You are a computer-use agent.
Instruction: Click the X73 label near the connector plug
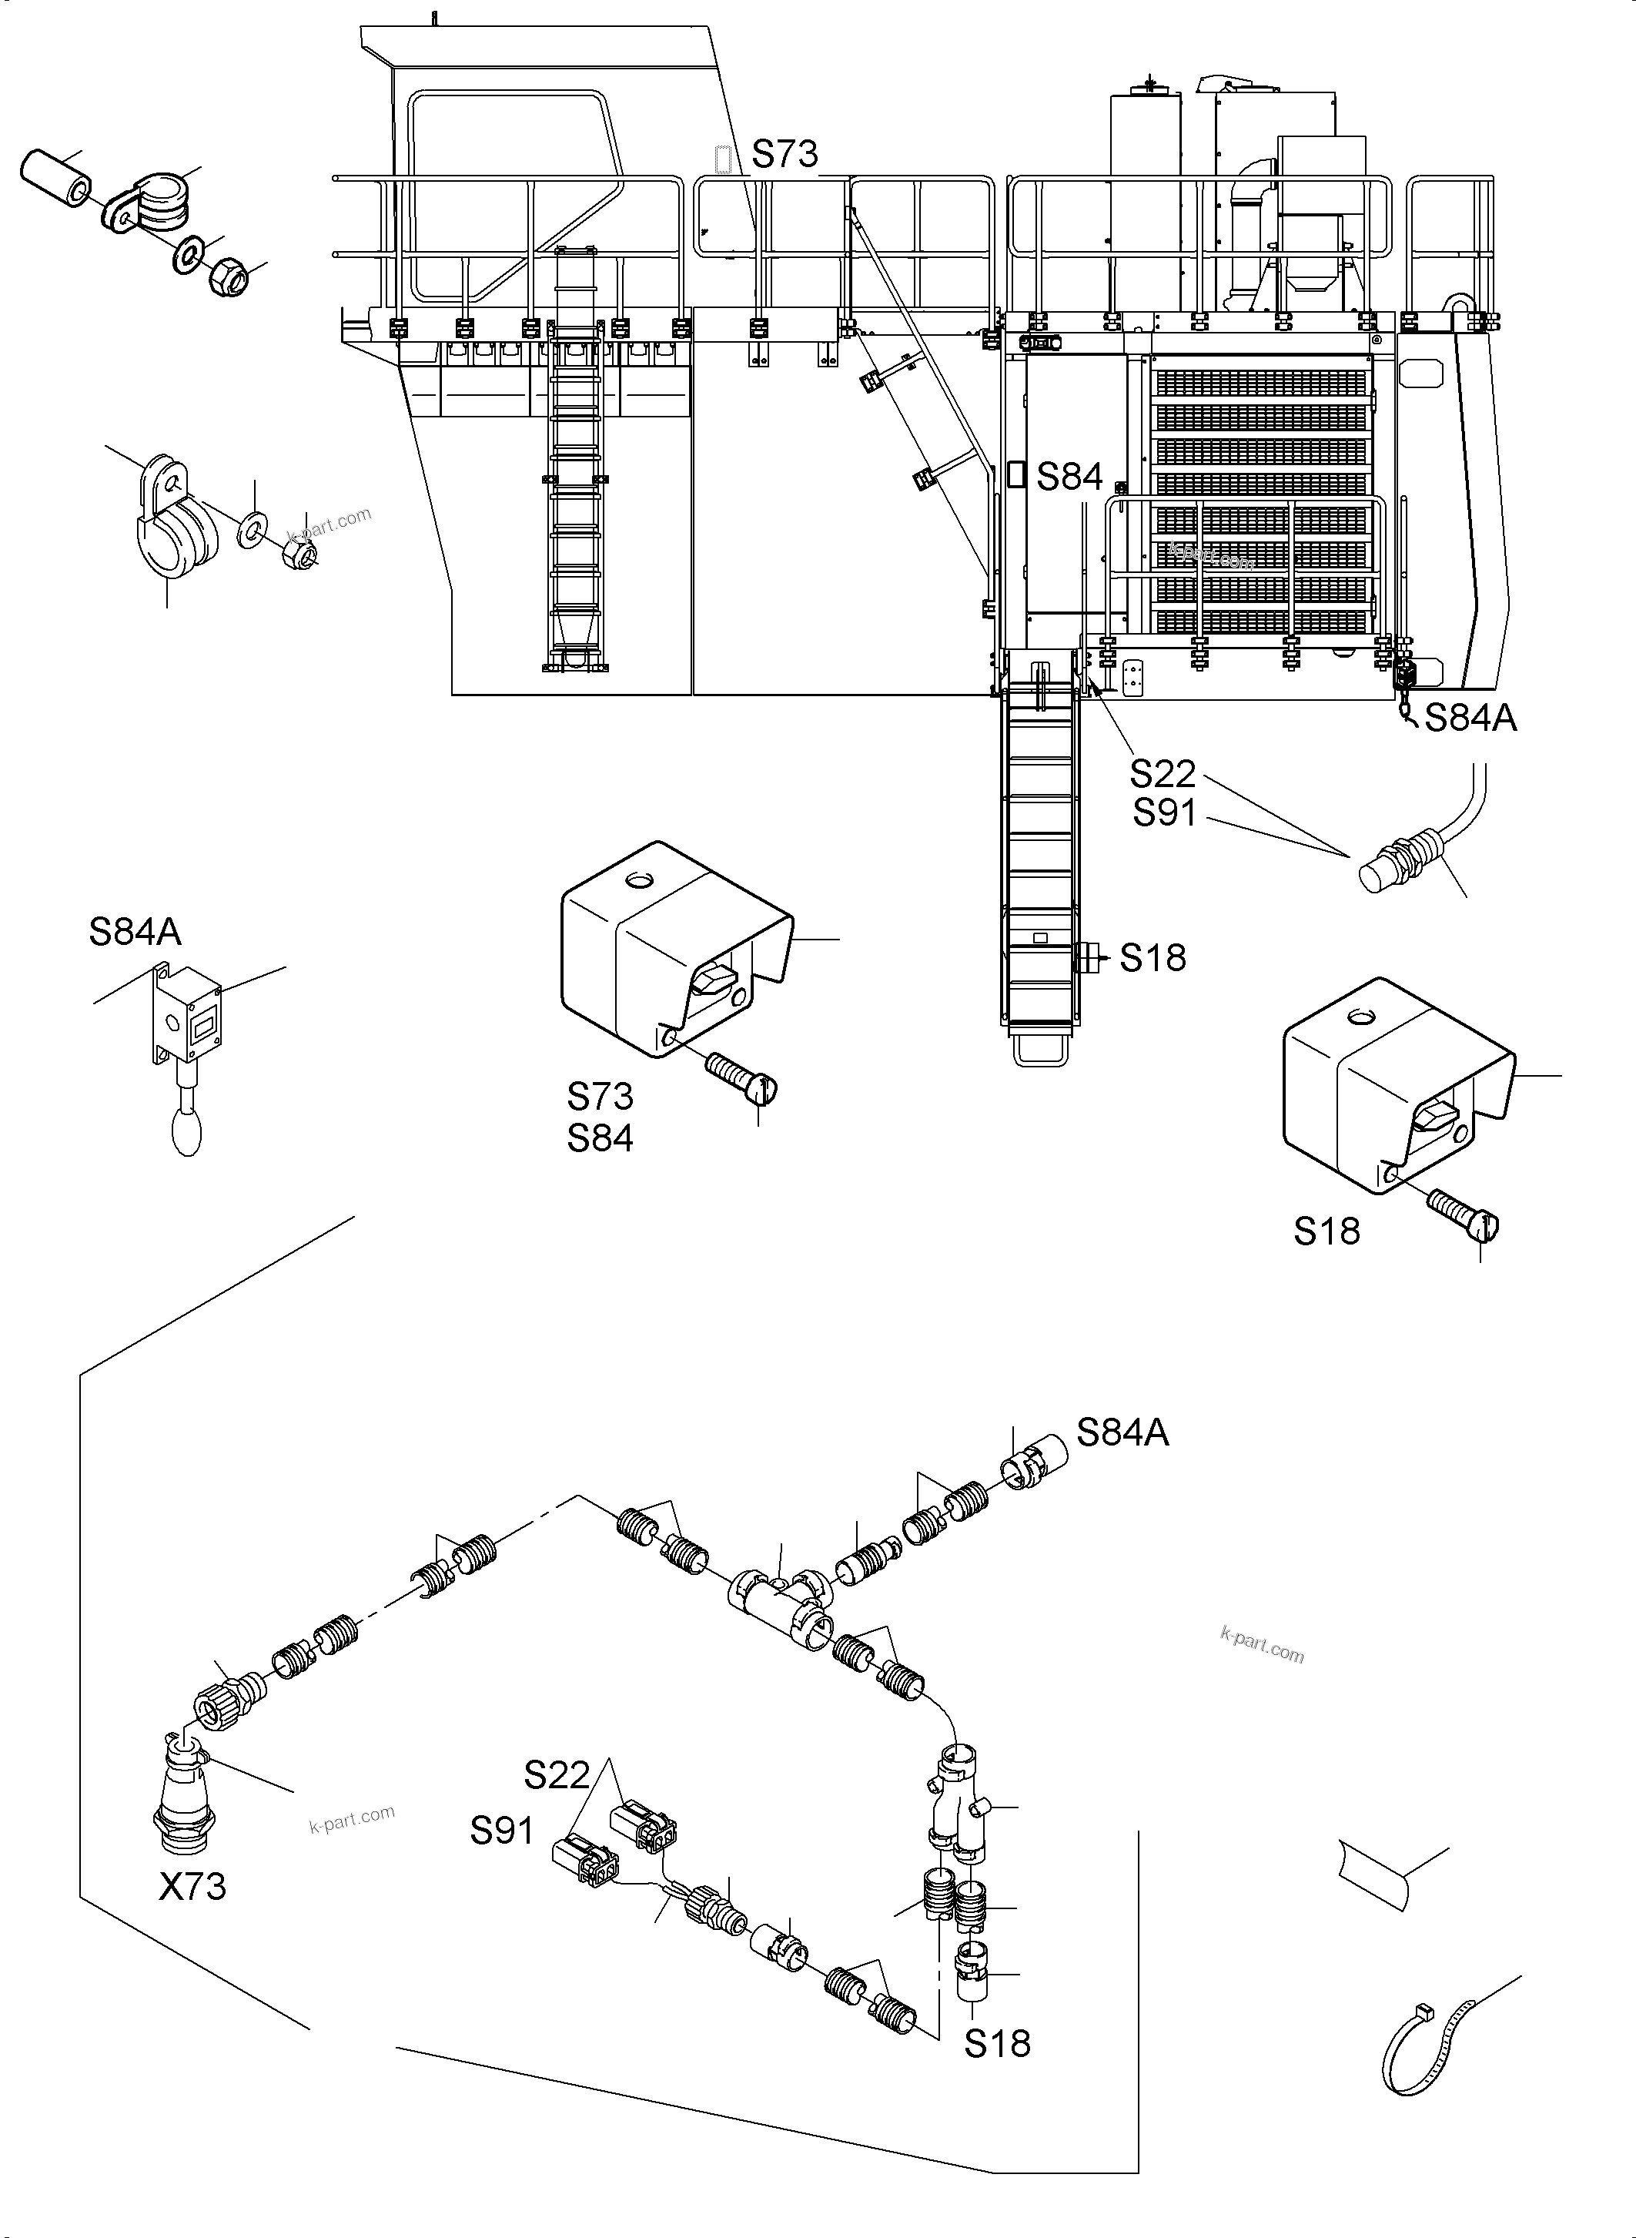192,1886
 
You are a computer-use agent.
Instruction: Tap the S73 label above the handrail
785,155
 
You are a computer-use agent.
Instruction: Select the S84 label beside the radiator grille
1069,477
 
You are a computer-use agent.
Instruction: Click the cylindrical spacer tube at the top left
55,179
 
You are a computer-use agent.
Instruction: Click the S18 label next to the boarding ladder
1153,958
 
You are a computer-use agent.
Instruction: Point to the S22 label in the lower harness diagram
557,1774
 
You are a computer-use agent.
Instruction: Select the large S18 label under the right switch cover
1326,1231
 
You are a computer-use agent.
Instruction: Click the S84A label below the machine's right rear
1470,719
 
